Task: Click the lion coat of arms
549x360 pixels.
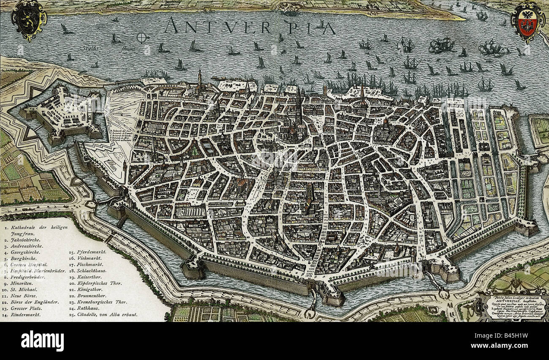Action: click(x=28, y=19)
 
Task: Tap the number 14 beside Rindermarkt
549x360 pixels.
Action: click(x=6, y=315)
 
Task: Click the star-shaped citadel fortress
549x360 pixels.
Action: click(x=63, y=112)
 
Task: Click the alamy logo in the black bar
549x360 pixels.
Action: click(x=42, y=341)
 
